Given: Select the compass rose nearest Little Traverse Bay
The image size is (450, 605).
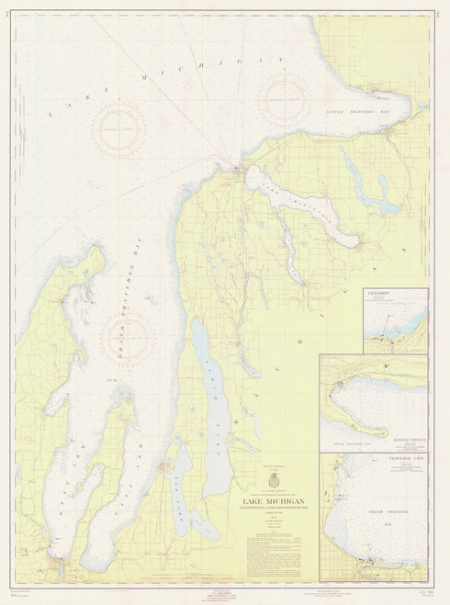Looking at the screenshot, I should tap(281, 95).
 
